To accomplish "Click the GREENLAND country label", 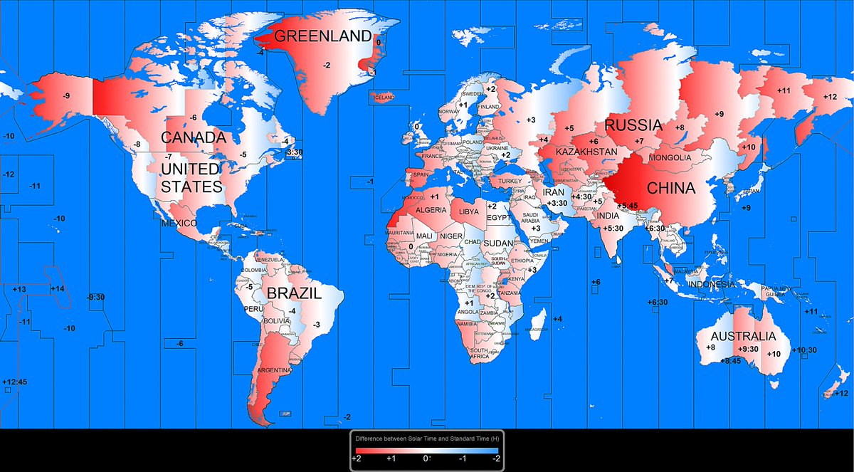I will pyautogui.click(x=323, y=36).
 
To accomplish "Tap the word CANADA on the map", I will pyautogui.click(x=193, y=137).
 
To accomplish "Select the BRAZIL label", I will pyautogui.click(x=294, y=293).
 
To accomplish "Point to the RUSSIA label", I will pyautogui.click(x=634, y=126).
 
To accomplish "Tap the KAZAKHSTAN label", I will pyautogui.click(x=586, y=152).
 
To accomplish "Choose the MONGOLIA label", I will pyautogui.click(x=670, y=157).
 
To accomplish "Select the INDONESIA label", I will pyautogui.click(x=711, y=285).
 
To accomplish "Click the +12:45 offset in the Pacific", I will pyautogui.click(x=14, y=382).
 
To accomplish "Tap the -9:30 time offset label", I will pyautogui.click(x=95, y=297).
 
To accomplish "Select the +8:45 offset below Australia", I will pyautogui.click(x=730, y=361).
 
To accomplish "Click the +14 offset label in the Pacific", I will pyautogui.click(x=57, y=288).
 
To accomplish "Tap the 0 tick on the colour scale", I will pyautogui.click(x=426, y=459).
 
